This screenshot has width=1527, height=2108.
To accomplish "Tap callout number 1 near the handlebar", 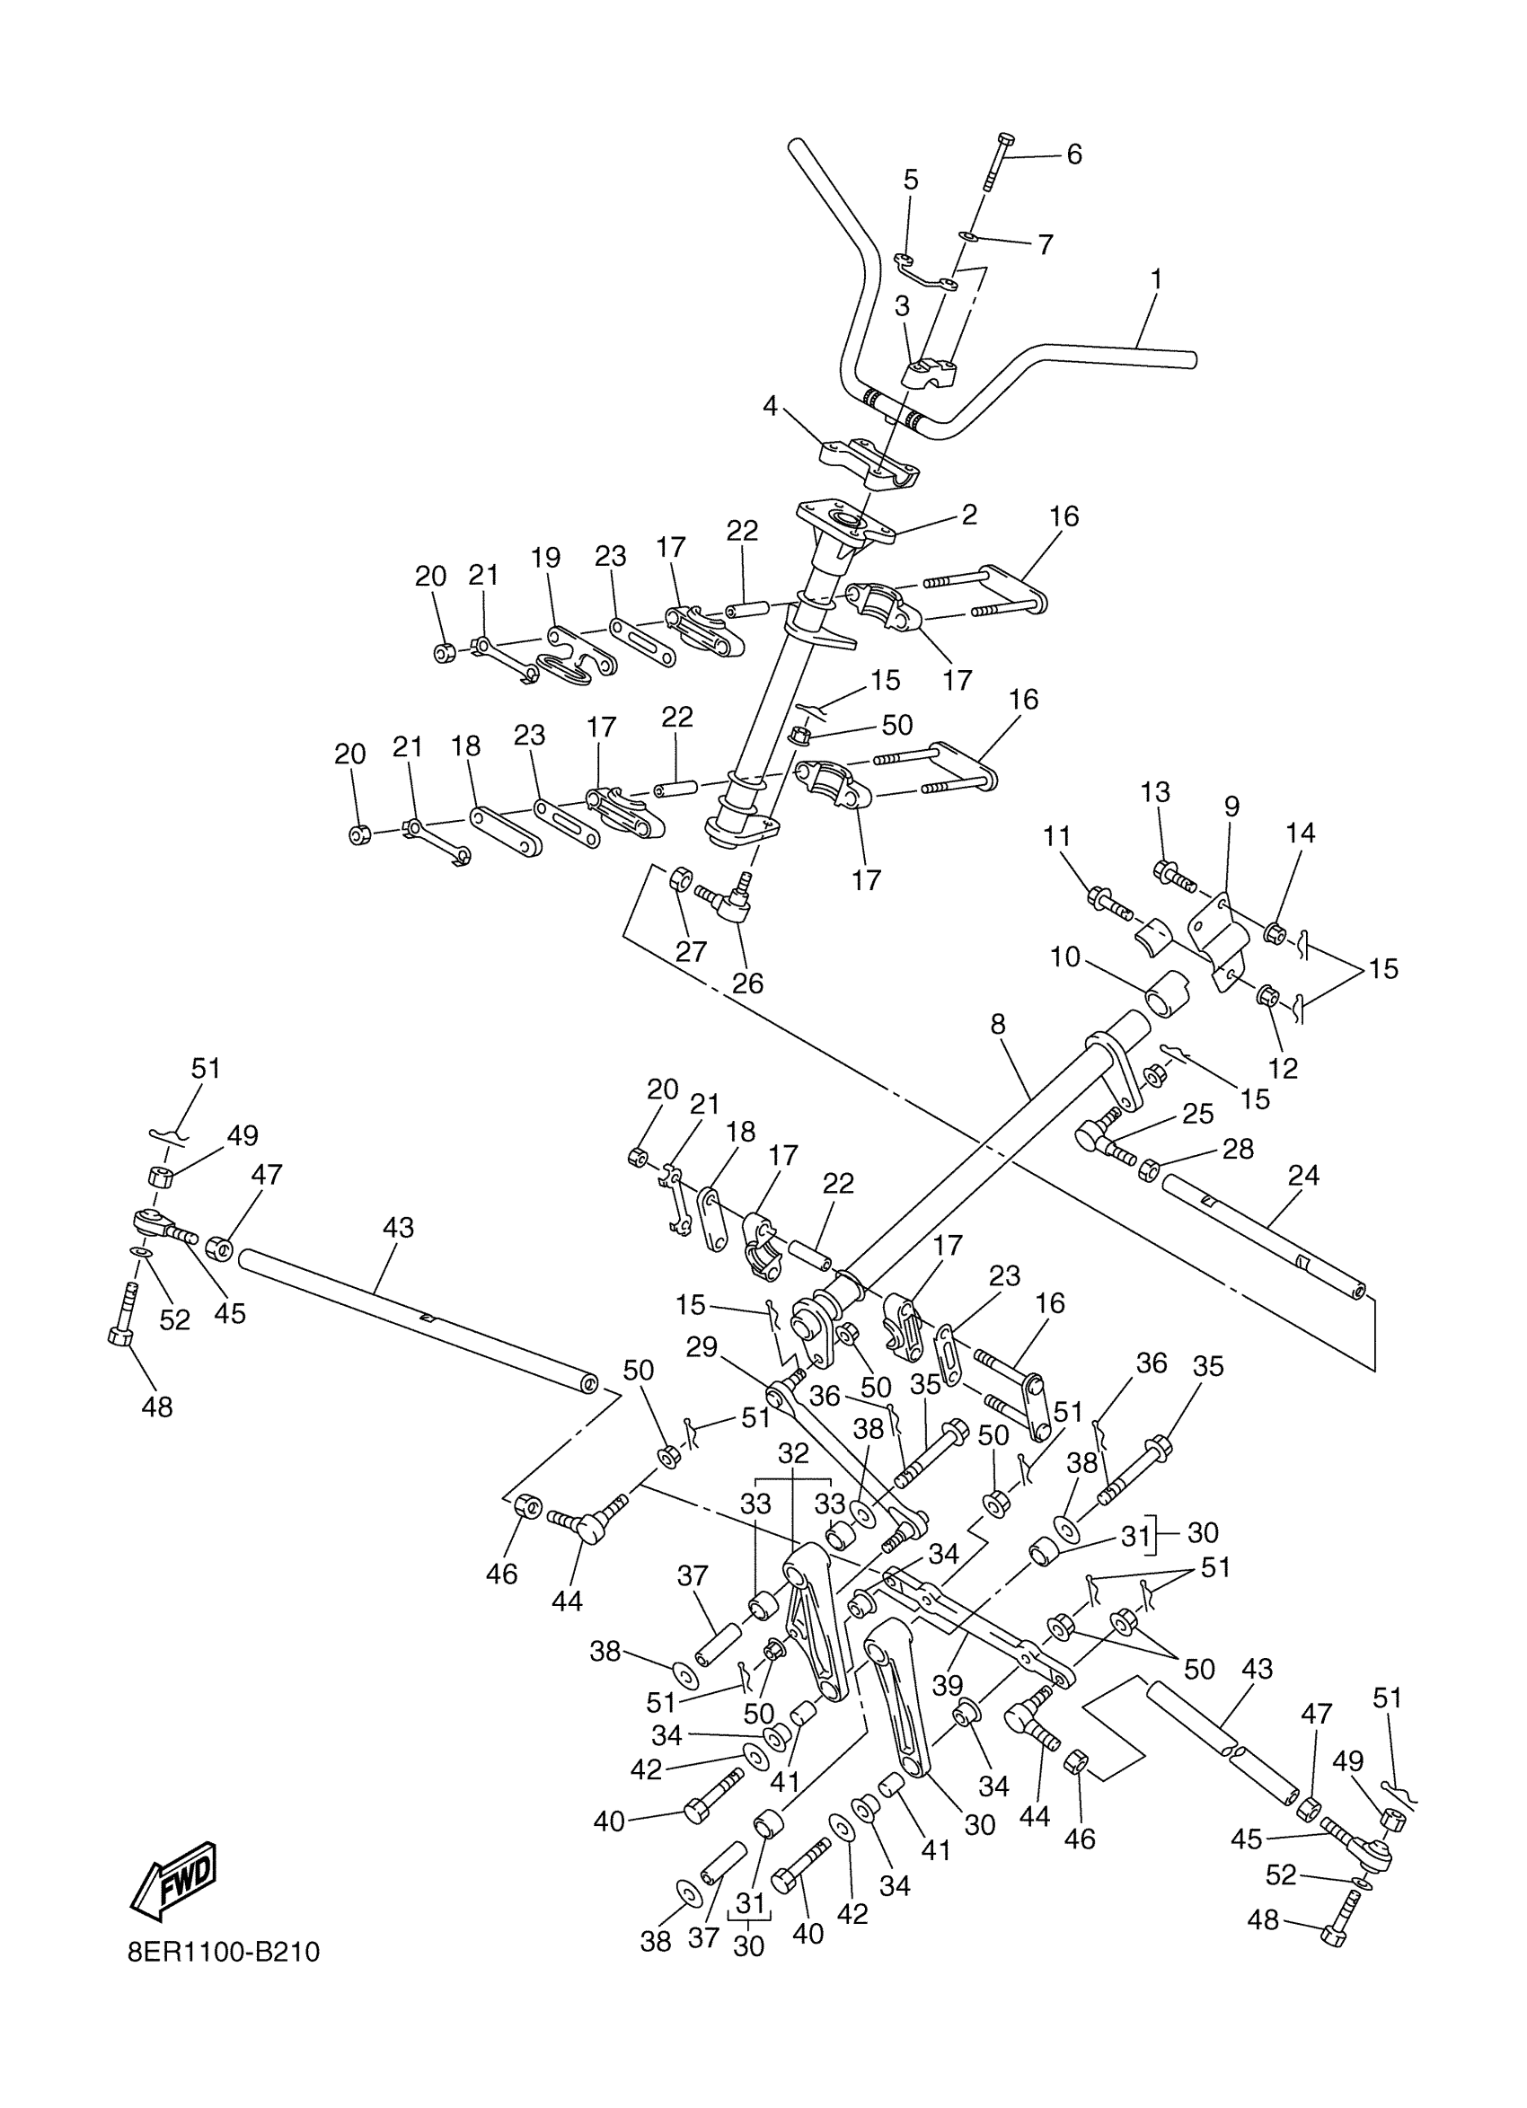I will tap(1156, 278).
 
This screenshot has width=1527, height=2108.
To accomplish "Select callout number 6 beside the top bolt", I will tap(1074, 154).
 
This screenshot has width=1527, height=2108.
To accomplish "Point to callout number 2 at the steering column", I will tap(969, 515).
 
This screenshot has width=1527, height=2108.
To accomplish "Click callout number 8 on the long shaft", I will tap(998, 1024).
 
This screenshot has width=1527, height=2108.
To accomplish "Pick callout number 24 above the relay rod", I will tap(1303, 1175).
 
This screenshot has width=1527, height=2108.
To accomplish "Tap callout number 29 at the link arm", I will tap(702, 1345).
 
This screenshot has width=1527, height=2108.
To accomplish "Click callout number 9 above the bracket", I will tap(1231, 806).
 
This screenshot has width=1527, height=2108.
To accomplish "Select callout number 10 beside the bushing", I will tap(1065, 957).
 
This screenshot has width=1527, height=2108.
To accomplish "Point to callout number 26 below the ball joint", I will tap(747, 983).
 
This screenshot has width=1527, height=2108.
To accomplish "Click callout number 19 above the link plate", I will tap(545, 558).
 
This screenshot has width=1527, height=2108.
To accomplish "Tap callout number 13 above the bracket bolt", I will tap(1155, 792).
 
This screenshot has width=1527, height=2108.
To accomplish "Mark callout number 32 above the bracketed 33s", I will tap(793, 1453).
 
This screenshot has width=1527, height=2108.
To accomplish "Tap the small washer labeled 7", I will tap(968, 237).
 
